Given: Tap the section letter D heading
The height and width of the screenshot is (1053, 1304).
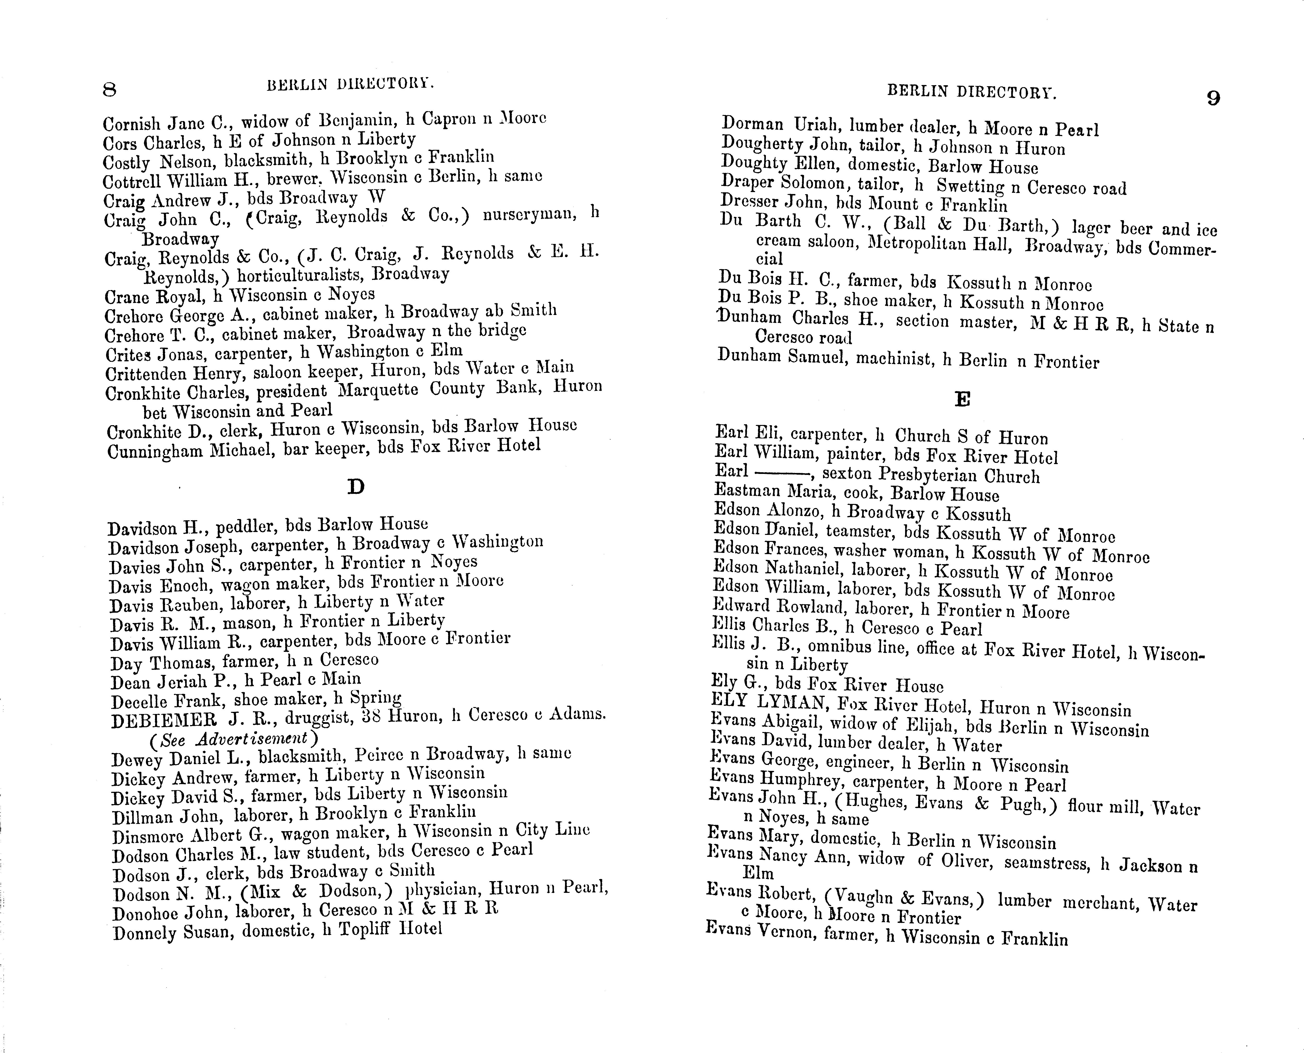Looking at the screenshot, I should [x=356, y=486].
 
